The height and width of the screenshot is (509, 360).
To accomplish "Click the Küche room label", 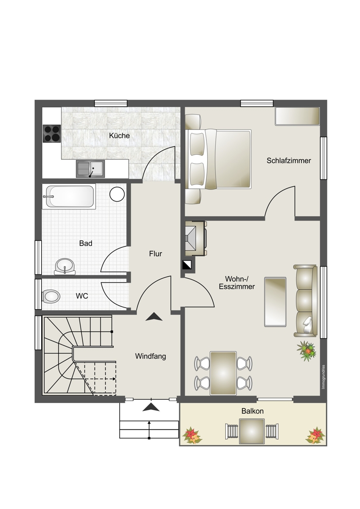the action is [119, 136].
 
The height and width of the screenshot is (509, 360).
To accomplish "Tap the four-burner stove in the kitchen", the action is [52, 133].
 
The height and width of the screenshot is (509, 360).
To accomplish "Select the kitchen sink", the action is [90, 169].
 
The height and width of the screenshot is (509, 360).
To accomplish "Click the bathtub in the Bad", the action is [69, 196].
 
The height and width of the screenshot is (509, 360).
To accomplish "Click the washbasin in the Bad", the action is [65, 266].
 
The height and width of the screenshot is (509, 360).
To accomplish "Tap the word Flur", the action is [155, 254].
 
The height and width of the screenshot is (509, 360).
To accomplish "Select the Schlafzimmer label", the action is [289, 161].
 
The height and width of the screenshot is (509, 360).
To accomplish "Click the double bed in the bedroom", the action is [218, 159].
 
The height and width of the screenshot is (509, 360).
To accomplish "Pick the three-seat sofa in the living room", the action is [305, 301].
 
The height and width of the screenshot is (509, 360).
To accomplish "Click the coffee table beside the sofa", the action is [275, 302].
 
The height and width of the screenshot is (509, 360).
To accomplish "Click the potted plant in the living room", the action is [307, 351].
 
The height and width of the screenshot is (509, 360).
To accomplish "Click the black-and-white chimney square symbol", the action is [187, 265].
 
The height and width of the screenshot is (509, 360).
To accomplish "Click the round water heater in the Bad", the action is [117, 194].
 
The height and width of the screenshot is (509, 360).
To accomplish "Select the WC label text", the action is [82, 296].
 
